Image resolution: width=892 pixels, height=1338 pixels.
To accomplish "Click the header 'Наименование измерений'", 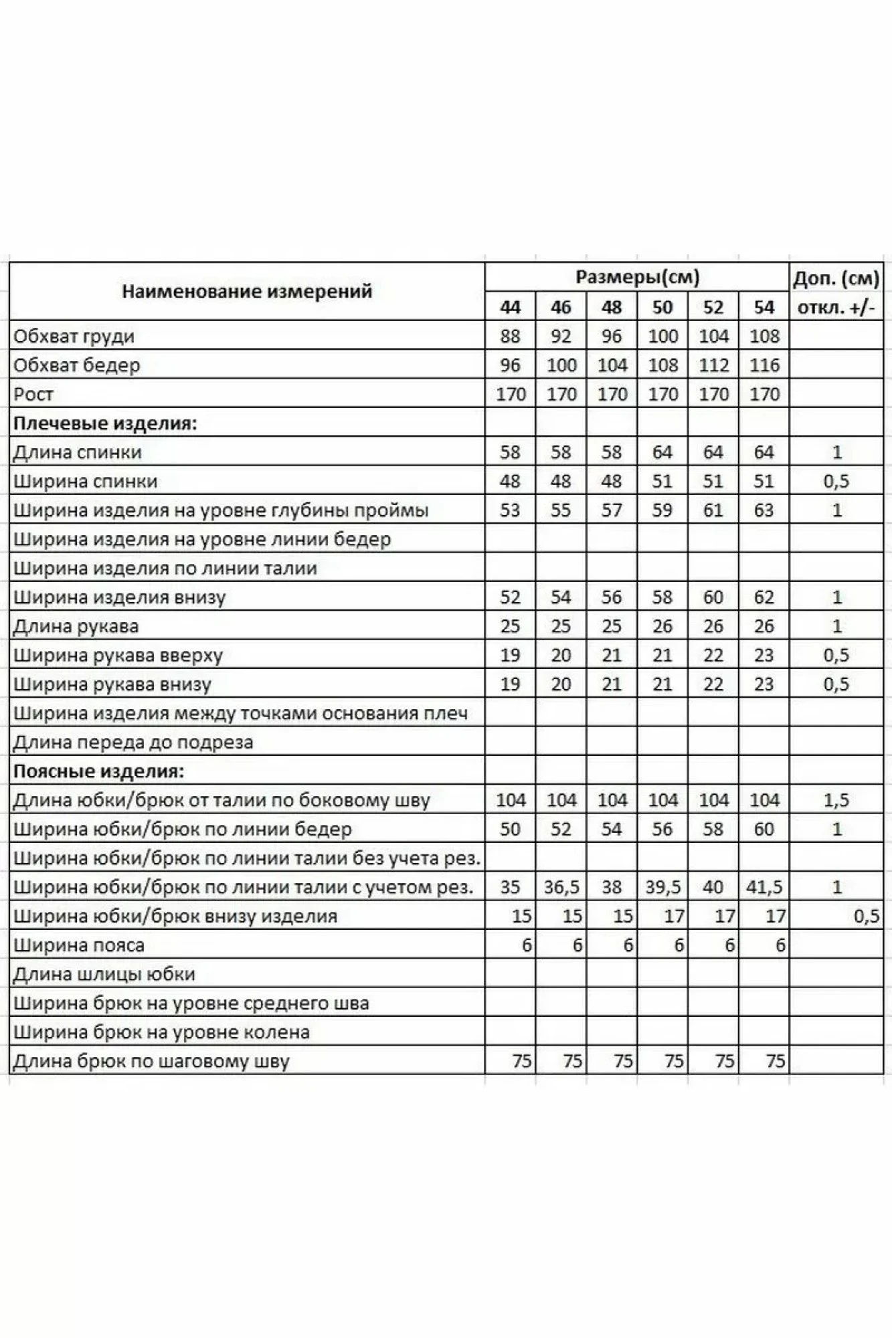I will click(246, 292).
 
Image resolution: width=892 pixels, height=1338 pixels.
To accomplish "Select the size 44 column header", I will click(510, 307).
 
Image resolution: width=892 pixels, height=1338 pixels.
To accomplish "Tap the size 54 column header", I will click(764, 307).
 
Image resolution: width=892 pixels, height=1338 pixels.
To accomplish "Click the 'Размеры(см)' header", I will click(637, 277).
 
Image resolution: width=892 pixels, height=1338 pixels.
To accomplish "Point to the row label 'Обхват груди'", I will click(74, 336).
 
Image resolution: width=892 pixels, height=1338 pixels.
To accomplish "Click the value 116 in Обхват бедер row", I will click(764, 365).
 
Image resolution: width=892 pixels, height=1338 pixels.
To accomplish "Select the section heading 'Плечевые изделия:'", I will click(105, 423).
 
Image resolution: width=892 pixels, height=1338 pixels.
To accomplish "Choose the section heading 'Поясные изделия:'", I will click(98, 771).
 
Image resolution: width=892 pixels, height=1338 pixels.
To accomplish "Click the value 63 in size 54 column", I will click(764, 510).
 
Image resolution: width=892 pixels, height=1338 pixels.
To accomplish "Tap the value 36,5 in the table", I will click(561, 887).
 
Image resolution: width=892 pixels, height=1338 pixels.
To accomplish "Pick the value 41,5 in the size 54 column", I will click(764, 887).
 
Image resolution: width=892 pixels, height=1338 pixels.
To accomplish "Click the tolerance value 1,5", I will click(836, 800).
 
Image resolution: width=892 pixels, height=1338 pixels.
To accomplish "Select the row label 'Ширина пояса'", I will click(79, 945).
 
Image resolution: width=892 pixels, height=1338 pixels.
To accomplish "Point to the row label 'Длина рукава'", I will click(76, 626).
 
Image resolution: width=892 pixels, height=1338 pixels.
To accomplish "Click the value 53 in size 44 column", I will click(510, 510).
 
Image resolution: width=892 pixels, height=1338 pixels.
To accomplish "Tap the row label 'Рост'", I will click(33, 394).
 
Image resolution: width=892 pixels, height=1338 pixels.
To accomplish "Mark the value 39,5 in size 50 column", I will click(662, 887).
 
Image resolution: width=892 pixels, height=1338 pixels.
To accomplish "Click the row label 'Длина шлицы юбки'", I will click(104, 974).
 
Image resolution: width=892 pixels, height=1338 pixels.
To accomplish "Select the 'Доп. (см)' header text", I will click(836, 279).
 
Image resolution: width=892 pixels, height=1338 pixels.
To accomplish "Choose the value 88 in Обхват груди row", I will click(510, 336).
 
